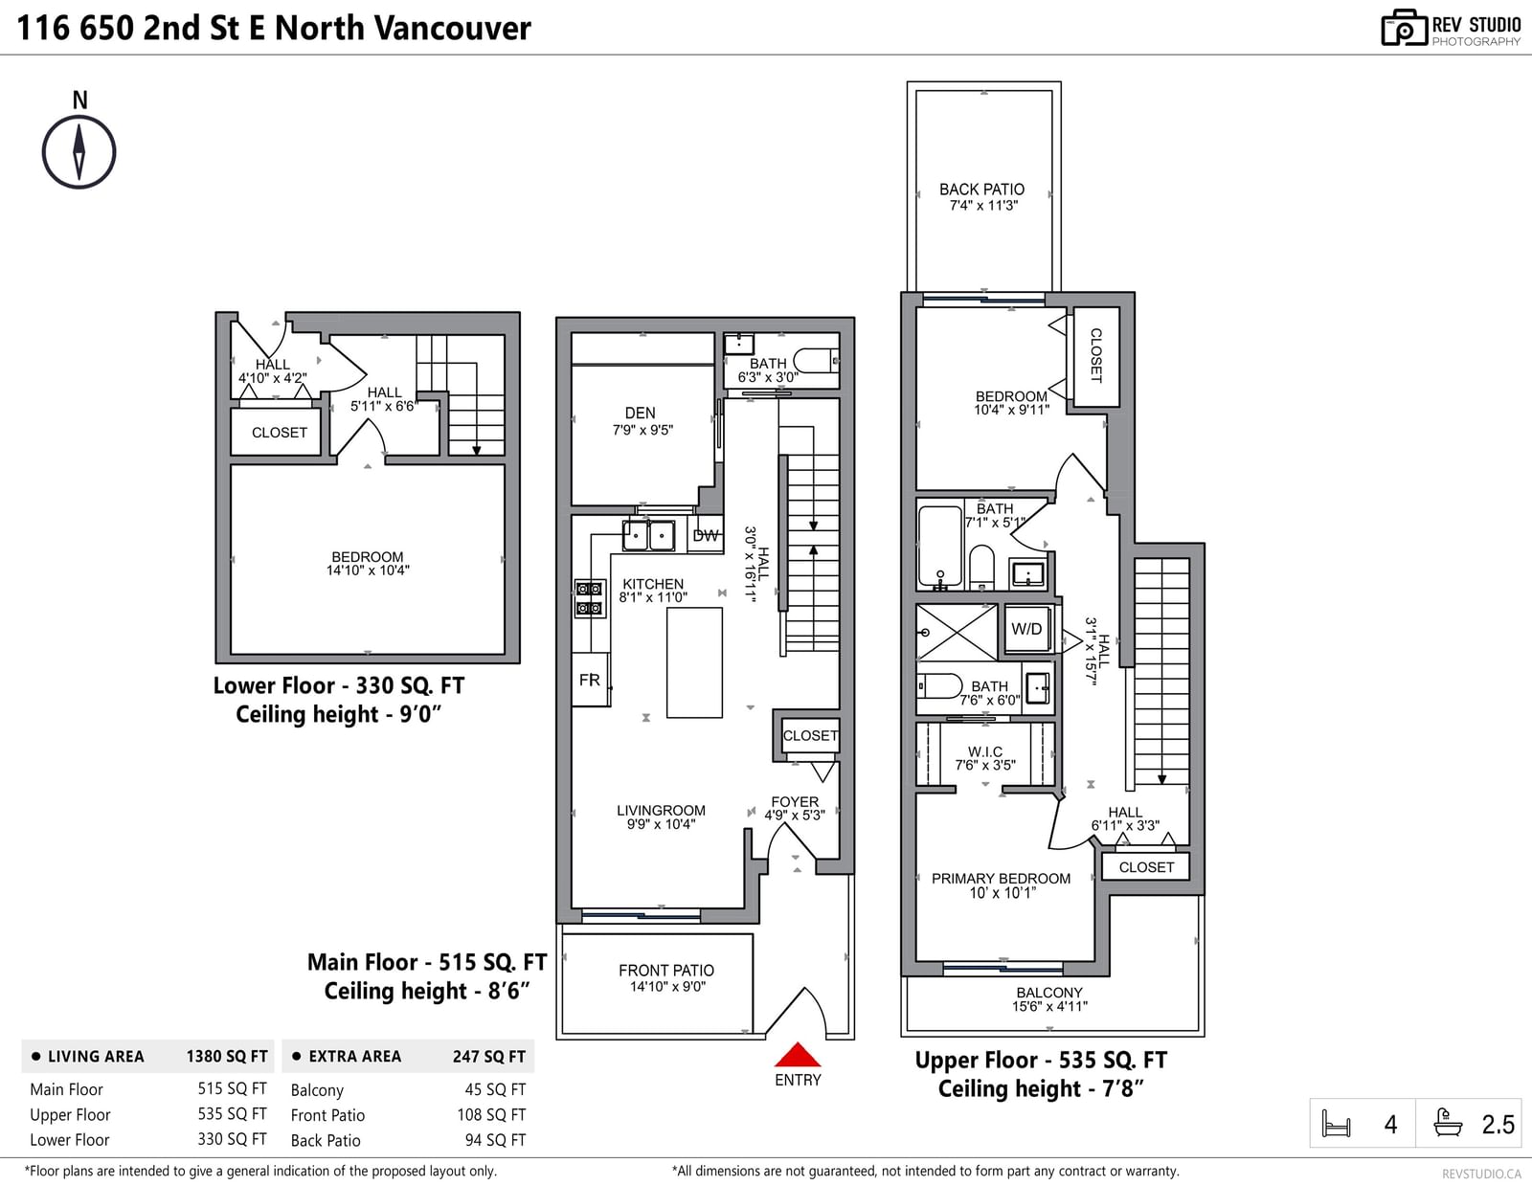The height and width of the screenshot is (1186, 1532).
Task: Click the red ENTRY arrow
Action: (798, 1054)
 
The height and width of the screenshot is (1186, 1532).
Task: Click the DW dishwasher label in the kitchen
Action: (705, 536)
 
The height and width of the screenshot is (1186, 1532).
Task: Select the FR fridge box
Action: (590, 680)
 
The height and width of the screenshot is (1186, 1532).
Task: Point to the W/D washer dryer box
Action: (1026, 629)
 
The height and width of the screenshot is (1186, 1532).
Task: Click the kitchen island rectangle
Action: (694, 662)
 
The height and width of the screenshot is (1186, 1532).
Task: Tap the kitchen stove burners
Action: (590, 597)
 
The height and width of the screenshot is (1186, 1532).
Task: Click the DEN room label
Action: (641, 413)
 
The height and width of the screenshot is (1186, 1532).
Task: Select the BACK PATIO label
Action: (981, 189)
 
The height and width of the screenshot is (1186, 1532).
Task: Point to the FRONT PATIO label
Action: (666, 971)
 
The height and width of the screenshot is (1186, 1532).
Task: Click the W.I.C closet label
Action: (985, 752)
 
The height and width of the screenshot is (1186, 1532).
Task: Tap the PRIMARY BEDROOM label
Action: (1002, 878)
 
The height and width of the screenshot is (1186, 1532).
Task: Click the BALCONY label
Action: (1049, 993)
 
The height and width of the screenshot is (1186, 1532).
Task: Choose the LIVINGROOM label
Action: (661, 811)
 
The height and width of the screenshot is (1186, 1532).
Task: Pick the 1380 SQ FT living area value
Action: (227, 1057)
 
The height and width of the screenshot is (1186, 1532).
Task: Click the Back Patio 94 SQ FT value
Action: (495, 1139)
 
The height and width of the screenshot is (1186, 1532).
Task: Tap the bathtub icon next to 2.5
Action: (1448, 1123)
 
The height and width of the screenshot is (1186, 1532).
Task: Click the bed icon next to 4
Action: (1336, 1123)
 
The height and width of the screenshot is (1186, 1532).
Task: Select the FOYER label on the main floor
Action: (795, 802)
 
